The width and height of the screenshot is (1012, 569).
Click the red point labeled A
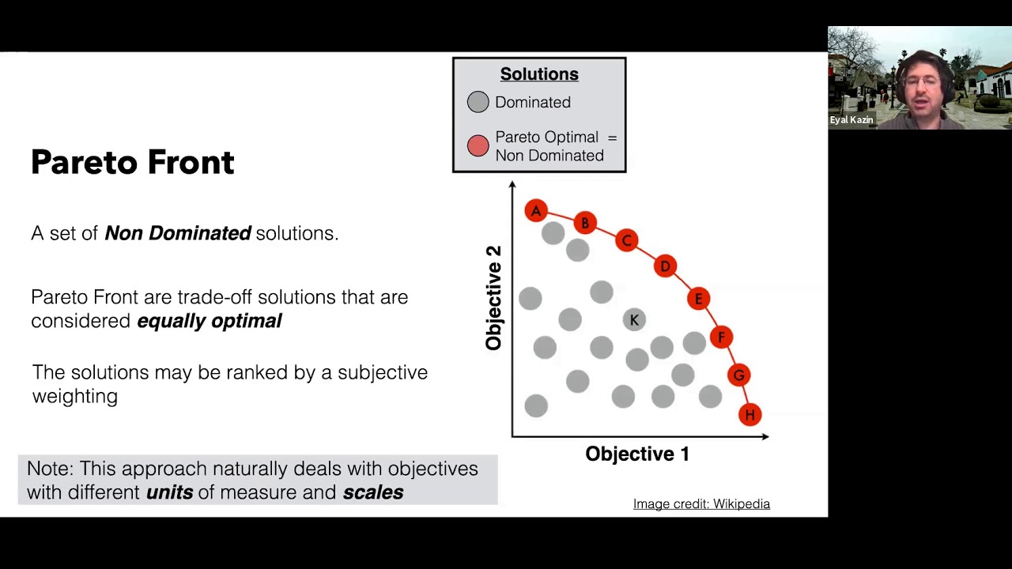pos(536,211)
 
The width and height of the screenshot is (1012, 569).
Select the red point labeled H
pos(750,415)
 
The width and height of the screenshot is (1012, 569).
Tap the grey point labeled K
pos(634,319)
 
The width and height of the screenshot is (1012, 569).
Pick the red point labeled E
pos(698,299)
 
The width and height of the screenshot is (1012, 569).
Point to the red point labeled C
pos(626,240)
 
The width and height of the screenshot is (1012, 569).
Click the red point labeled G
pos(739,375)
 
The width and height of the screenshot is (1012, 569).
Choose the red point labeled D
pos(665,266)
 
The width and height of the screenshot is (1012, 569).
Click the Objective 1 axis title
pos(637,454)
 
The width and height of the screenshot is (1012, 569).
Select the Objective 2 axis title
pos(494,298)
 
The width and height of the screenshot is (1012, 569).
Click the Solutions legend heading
pos(539,74)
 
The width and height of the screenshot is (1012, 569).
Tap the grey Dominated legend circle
pos(478,102)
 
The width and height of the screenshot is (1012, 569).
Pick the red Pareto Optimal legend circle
pos(478,146)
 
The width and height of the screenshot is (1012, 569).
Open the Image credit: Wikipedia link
pos(701,504)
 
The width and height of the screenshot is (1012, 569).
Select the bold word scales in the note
pos(373,492)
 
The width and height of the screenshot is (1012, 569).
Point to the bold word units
pos(169,492)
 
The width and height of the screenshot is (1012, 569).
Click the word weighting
pos(75,396)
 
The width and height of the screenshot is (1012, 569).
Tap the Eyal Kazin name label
pos(852,120)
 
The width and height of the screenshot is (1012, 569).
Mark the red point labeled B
pos(585,224)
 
